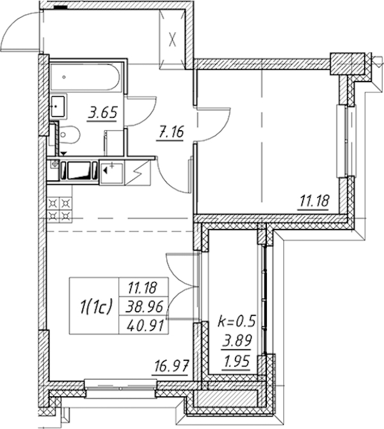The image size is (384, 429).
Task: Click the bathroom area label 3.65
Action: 102,113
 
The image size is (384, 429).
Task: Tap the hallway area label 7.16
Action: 170,133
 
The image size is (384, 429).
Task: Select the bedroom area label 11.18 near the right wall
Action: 314,201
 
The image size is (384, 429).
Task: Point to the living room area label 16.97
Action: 172,366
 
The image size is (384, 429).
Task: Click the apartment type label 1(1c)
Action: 95,306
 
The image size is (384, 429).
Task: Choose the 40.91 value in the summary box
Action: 145,325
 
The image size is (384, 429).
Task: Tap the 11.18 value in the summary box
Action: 143,288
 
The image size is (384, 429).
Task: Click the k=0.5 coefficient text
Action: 237,321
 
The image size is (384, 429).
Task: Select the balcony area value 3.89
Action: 237,341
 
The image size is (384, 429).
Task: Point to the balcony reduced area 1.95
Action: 237,362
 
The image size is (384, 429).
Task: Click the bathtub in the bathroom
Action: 84,78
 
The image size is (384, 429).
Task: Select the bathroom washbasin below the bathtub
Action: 58,106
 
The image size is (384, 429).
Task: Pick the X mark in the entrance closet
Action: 172,39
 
